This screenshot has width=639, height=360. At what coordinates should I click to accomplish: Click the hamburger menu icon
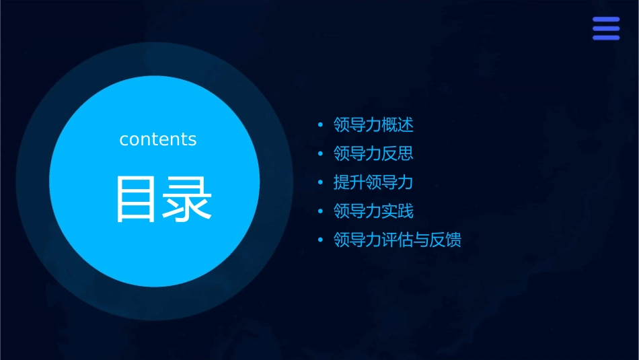pyautogui.click(x=605, y=28)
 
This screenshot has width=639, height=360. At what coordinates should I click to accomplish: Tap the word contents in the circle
pyautogui.click(x=158, y=139)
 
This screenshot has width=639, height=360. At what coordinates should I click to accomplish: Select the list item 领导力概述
pyautogui.click(x=373, y=124)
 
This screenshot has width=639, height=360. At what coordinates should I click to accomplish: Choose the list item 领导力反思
pyautogui.click(x=373, y=153)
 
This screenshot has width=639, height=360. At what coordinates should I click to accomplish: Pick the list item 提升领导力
pyautogui.click(x=373, y=182)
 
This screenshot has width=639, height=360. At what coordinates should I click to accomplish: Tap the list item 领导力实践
pyautogui.click(x=373, y=211)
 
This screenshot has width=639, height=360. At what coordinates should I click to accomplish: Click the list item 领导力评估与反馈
pyautogui.click(x=398, y=240)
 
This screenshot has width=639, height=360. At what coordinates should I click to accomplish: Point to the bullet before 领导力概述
pyautogui.click(x=320, y=125)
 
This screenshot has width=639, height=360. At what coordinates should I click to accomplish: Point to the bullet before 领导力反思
pyautogui.click(x=320, y=154)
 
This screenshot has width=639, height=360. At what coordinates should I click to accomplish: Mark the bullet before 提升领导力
pyautogui.click(x=320, y=183)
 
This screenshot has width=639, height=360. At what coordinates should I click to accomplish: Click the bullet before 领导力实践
pyautogui.click(x=320, y=212)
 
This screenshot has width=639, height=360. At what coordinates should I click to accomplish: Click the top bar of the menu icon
pyautogui.click(x=605, y=20)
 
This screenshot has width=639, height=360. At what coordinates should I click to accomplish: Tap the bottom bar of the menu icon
pyautogui.click(x=605, y=37)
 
